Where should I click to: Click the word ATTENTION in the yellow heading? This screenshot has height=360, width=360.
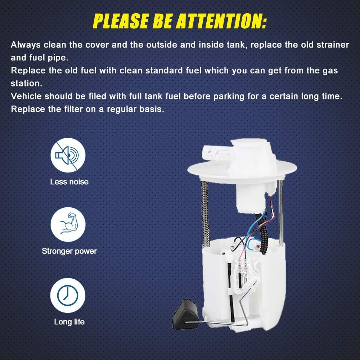click(222, 21)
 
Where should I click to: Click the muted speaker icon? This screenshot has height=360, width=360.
click(68, 155)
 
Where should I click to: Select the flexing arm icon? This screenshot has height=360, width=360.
click(68, 224)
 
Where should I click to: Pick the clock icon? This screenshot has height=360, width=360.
click(68, 296)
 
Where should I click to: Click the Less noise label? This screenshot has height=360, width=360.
click(69, 182)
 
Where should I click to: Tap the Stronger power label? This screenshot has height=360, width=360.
click(69, 251)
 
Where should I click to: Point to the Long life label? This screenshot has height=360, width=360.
click(69, 322)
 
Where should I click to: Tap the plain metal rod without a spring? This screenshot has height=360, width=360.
click(281, 212)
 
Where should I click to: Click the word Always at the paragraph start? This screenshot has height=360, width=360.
click(26, 45)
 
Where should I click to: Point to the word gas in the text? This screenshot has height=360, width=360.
click(330, 71)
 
